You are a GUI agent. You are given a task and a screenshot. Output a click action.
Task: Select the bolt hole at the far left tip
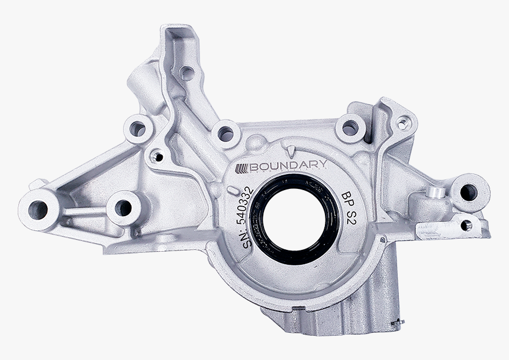coord(38,208)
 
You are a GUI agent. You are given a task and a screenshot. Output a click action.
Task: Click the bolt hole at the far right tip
coord(469,191)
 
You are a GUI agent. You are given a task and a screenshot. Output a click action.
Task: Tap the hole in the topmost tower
coord(187,74)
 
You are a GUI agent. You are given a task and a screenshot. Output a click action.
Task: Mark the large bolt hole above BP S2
coord(350,127)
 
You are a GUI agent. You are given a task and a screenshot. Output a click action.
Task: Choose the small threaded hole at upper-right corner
coord(403,124)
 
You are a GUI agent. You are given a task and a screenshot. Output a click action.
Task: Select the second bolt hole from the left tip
coord(123,207)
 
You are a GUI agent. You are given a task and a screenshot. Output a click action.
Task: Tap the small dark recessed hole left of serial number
coord(157,156)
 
